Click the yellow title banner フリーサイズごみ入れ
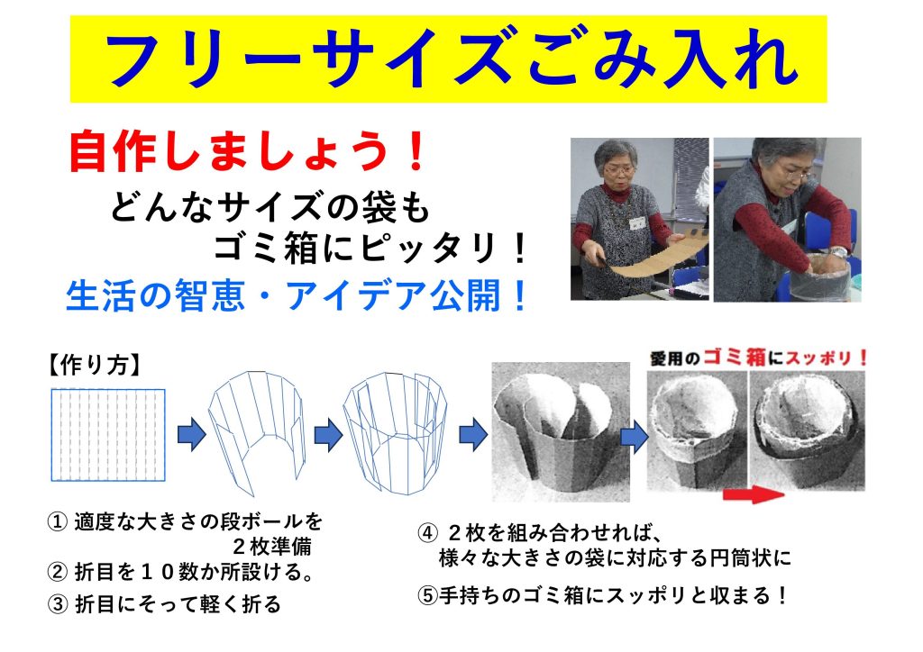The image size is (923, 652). coord(448,59)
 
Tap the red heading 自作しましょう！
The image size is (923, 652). coord(247,151)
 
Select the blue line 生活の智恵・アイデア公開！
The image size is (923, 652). coord(297,295)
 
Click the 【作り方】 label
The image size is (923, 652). coord(94,365)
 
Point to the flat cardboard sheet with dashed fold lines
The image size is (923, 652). coord(108,435)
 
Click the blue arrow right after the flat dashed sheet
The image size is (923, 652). coord(192,435)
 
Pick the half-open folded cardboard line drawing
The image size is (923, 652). coord(257,433)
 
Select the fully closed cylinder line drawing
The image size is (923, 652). coord(395,432)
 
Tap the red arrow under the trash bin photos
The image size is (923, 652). coord(754,494)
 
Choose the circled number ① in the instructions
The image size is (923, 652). coord(57,521)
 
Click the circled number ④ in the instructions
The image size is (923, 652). coord(426,533)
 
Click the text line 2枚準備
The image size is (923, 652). coord(271,547)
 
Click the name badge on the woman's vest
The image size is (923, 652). coord(637,222)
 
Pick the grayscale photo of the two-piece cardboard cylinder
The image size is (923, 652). coord(561,432)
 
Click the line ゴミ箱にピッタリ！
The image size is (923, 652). coord(370,249)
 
